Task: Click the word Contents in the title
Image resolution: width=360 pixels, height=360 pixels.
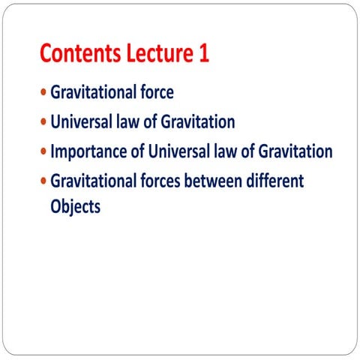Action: click(x=80, y=54)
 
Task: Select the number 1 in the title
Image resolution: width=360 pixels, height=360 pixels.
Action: click(x=203, y=54)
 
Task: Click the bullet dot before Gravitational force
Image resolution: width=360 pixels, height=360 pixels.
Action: click(x=43, y=93)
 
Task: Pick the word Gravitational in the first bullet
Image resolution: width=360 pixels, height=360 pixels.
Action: click(x=91, y=93)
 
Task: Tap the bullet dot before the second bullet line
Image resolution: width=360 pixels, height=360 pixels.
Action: click(x=43, y=122)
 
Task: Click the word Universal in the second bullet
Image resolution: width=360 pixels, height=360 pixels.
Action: click(x=80, y=122)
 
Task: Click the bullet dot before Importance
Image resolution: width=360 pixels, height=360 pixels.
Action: click(x=43, y=151)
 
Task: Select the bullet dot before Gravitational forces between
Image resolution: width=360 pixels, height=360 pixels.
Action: click(x=43, y=181)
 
